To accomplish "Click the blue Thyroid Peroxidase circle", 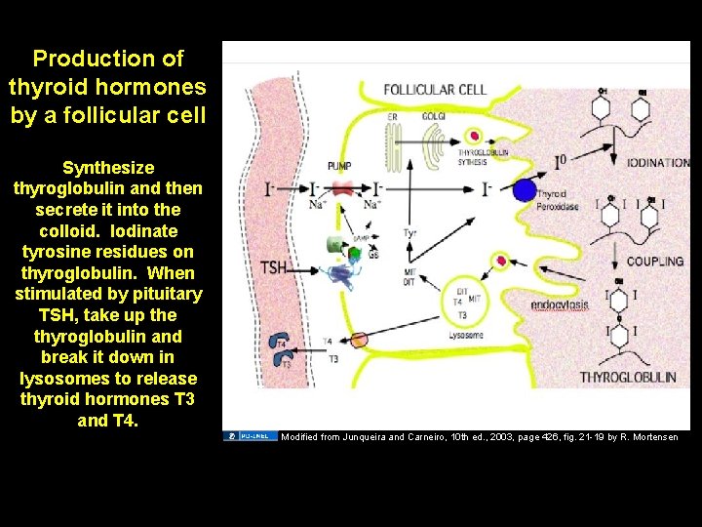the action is [524, 190].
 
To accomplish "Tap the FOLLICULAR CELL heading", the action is [435, 90].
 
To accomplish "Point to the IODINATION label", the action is [657, 163].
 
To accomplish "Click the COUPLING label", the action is [654, 262].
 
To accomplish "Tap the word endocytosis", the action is [560, 305].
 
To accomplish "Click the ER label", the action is [392, 116].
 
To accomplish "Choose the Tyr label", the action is [410, 233].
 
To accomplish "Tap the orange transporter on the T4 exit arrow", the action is [359, 340].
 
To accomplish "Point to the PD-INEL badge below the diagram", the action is [250, 435].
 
